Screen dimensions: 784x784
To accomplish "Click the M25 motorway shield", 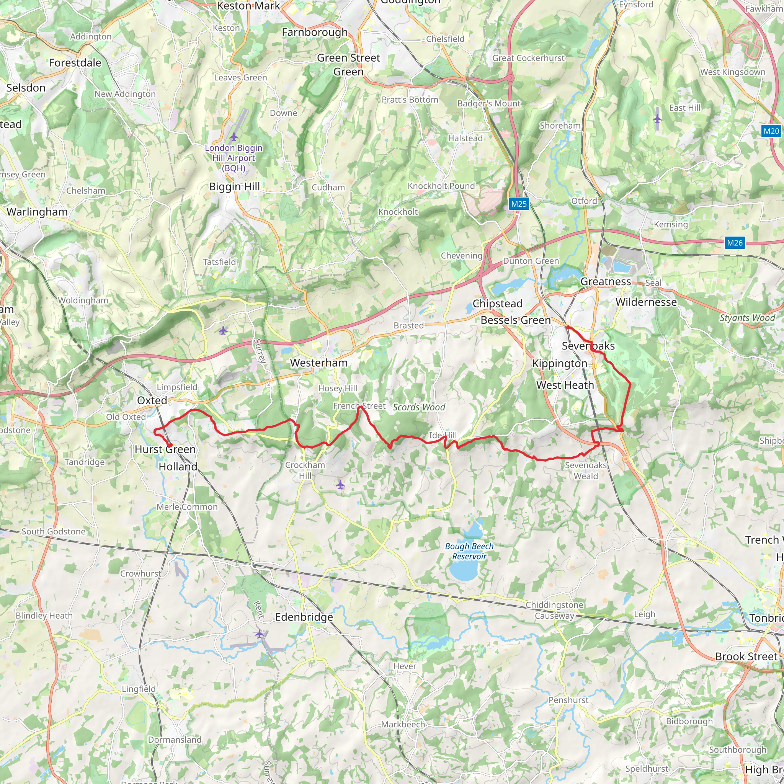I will click(x=519, y=204).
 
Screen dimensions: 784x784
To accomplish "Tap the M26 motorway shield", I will click(x=735, y=243).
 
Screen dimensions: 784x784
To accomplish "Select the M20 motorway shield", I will click(x=771, y=131).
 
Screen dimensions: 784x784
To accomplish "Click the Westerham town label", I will click(x=318, y=363).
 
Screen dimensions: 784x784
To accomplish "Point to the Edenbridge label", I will click(x=304, y=617).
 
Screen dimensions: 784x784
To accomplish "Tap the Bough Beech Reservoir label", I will click(x=469, y=551).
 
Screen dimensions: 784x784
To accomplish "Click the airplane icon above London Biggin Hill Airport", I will click(x=234, y=136).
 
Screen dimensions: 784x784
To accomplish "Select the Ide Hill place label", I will click(x=443, y=435).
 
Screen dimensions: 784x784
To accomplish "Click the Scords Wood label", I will click(x=419, y=407).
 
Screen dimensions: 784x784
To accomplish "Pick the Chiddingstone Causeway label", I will click(x=554, y=610).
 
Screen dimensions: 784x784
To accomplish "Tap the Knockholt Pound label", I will click(x=441, y=186).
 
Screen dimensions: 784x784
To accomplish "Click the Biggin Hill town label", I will click(x=234, y=187).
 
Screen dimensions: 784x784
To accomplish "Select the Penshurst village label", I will click(x=568, y=700).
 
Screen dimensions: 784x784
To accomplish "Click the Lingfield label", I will click(x=139, y=689).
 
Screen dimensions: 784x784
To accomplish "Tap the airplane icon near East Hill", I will click(x=657, y=119).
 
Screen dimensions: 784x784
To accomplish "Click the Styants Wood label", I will click(x=747, y=318).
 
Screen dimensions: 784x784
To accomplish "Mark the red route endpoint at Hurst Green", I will click(x=170, y=445).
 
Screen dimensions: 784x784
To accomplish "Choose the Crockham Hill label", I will click(x=305, y=470).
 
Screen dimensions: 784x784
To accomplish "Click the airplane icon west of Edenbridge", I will click(x=259, y=634).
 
